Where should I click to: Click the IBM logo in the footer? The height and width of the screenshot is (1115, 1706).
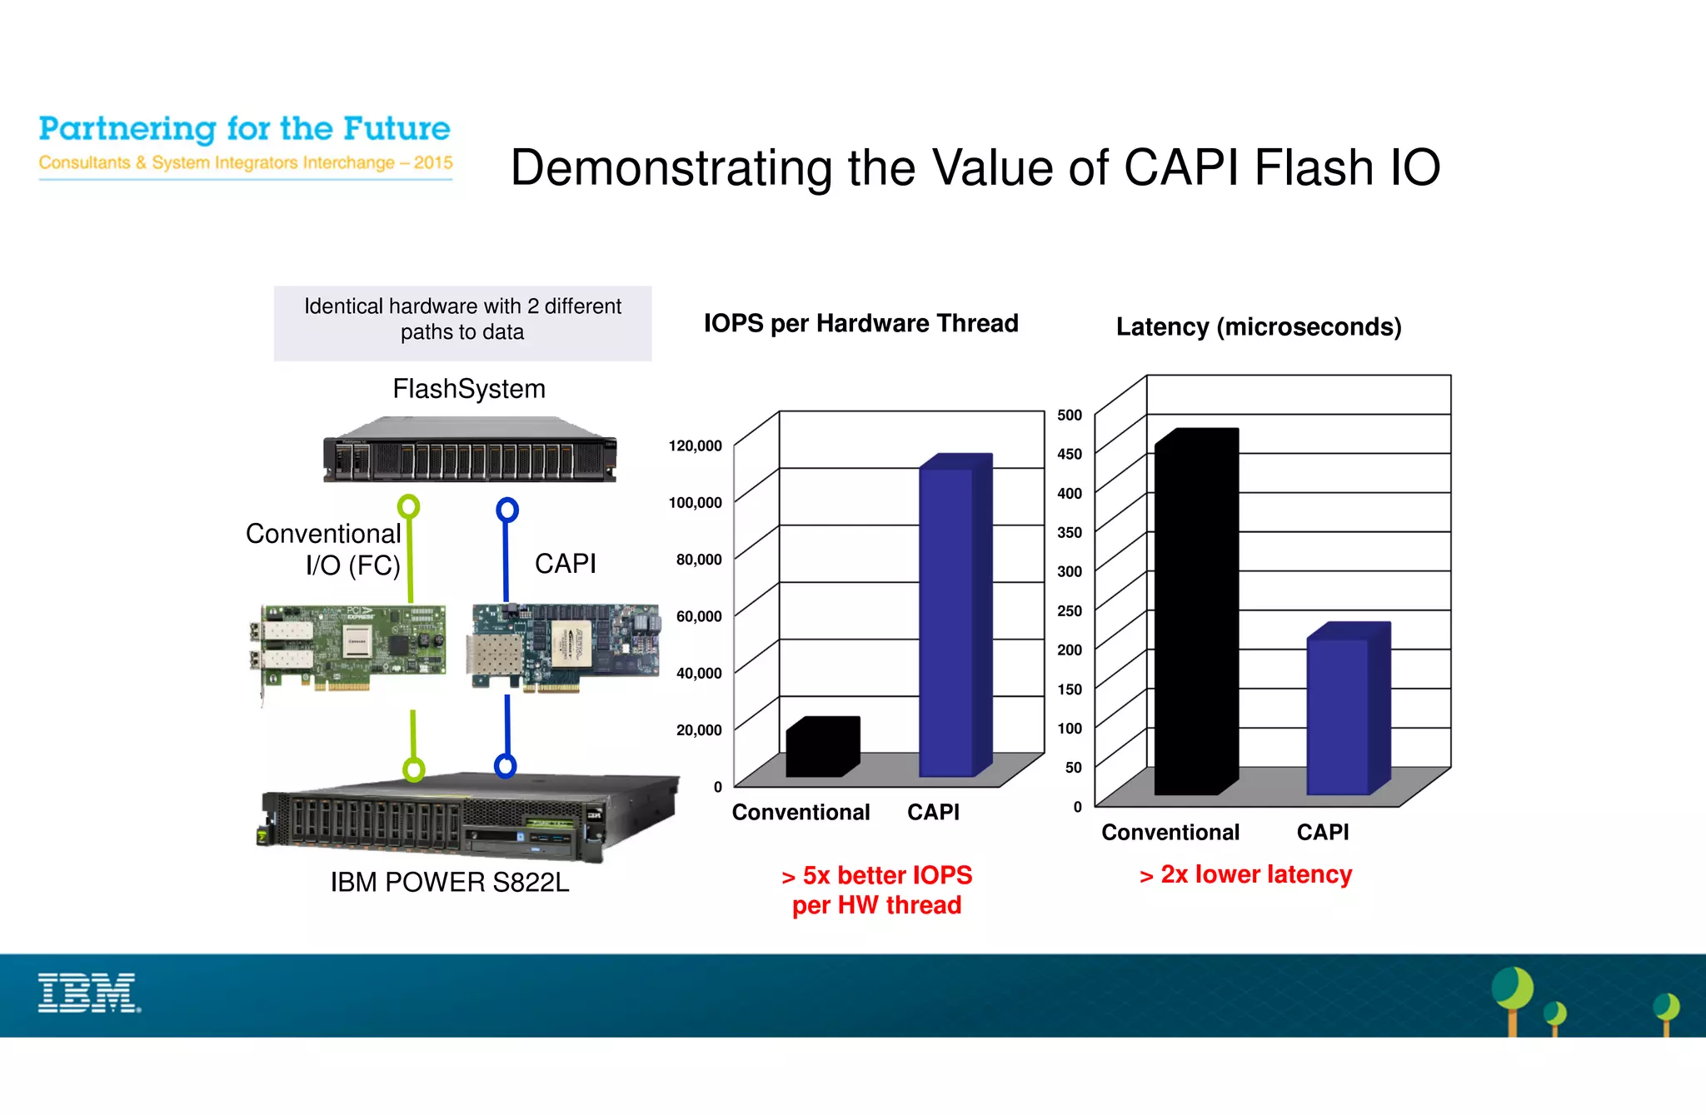coord(89,993)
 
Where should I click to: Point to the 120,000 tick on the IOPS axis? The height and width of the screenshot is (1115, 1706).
coord(695,446)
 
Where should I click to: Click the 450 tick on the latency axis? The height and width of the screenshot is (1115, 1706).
coord(1069,454)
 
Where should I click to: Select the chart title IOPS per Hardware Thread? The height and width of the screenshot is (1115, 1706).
coord(860,323)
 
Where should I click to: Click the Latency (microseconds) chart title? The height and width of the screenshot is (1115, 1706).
coord(1258,326)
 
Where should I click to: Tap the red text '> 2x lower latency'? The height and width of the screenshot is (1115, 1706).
coord(1245,874)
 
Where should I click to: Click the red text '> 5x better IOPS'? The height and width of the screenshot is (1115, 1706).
coord(877,875)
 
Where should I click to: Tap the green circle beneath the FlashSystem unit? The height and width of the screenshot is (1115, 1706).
coord(408,506)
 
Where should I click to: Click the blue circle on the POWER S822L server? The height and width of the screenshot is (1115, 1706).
coord(505,765)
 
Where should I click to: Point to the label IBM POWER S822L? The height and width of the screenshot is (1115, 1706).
coord(450,882)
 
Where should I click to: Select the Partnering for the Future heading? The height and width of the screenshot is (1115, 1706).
coord(244,129)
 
